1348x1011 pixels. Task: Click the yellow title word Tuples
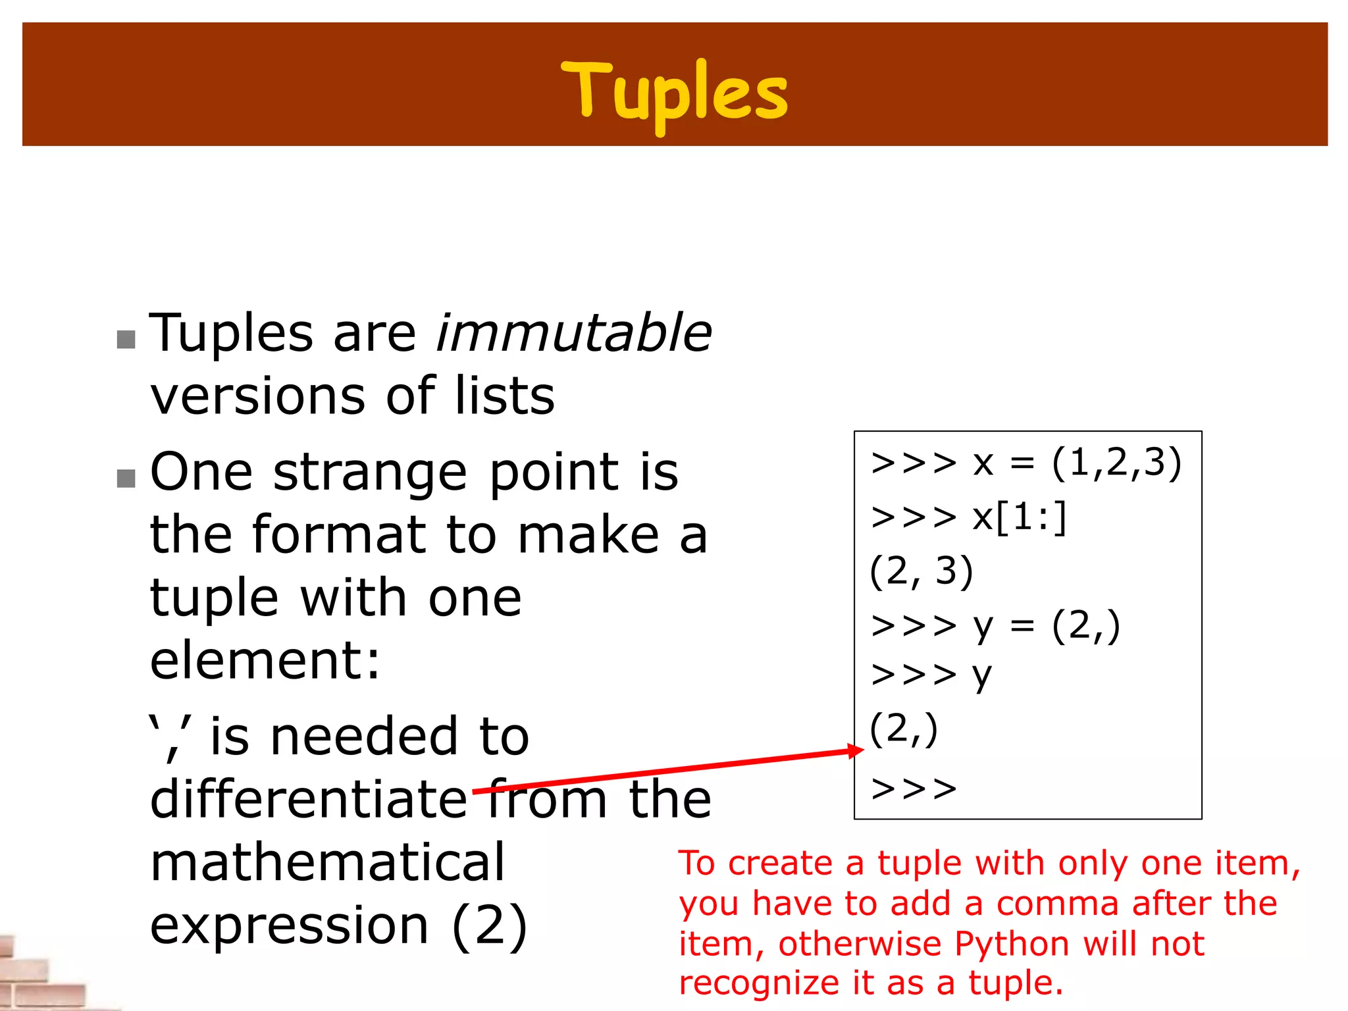[x=674, y=92]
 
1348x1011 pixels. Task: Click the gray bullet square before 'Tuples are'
[x=126, y=340]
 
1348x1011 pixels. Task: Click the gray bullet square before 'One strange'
[x=126, y=479]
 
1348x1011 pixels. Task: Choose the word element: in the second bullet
[x=265, y=660]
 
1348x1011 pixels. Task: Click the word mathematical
[x=327, y=862]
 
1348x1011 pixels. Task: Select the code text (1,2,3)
[x=1117, y=463]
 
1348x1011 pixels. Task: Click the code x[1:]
[x=1020, y=517]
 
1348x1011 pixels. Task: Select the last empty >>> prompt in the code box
[x=914, y=789]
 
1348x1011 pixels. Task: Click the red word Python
[x=1012, y=945]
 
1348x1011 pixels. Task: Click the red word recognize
[x=759, y=983]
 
